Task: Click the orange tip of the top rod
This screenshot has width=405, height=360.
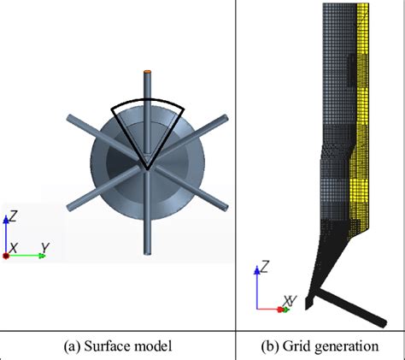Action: coord(147,72)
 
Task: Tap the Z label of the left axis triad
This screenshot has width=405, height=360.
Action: coord(13,216)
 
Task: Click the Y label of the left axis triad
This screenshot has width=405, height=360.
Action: coord(45,248)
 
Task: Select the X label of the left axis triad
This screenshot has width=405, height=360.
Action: coord(13,248)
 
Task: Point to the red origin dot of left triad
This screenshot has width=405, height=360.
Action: coord(6,256)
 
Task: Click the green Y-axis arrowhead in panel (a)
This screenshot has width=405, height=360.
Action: coord(42,256)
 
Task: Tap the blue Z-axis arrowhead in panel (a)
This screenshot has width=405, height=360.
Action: coord(6,220)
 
